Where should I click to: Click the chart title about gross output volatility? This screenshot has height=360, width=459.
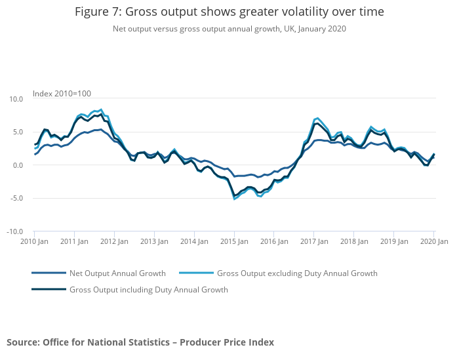click(x=229, y=12)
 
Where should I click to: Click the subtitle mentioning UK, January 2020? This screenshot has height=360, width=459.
click(x=229, y=29)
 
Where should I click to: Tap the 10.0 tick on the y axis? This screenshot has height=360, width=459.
click(x=16, y=99)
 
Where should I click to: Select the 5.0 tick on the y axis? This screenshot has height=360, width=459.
click(x=18, y=132)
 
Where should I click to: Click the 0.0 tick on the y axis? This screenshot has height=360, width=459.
click(x=18, y=165)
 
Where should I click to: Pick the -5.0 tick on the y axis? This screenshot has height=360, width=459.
click(x=16, y=198)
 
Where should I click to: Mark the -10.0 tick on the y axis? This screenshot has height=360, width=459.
click(x=14, y=231)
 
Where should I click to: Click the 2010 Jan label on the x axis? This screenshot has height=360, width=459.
click(x=34, y=241)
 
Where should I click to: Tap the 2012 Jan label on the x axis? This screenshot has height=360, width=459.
click(x=114, y=241)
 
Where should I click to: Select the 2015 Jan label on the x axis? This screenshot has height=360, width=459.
click(x=234, y=241)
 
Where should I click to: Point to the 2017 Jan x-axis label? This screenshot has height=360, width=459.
click(x=313, y=241)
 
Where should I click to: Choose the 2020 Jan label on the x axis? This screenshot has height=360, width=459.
click(x=433, y=241)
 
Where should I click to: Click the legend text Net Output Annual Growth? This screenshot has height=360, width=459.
click(x=117, y=273)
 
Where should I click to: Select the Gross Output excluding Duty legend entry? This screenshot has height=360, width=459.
click(x=297, y=273)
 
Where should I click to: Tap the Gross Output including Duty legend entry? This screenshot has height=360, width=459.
click(x=149, y=289)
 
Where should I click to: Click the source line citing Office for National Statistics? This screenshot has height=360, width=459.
click(x=140, y=342)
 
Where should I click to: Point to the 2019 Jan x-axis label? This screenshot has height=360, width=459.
click(x=393, y=241)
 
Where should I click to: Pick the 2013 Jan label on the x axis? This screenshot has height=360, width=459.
click(x=154, y=241)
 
